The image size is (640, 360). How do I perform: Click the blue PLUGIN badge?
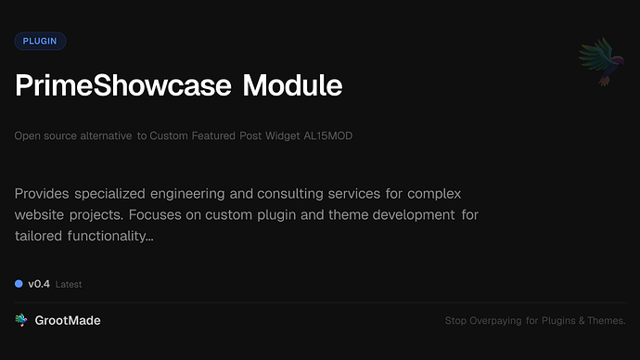[x=40, y=41]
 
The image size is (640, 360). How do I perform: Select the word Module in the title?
[x=292, y=86]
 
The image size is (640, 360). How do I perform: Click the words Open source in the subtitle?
[x=44, y=136]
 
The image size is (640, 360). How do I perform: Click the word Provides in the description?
[x=45, y=194]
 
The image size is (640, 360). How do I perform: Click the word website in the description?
[x=45, y=215]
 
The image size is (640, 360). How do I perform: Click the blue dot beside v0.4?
[x=19, y=284]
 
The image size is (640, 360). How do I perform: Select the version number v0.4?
[x=38, y=284]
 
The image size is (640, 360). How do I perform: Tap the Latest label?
[x=69, y=285]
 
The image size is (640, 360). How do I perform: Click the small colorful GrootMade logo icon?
[x=20, y=320]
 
